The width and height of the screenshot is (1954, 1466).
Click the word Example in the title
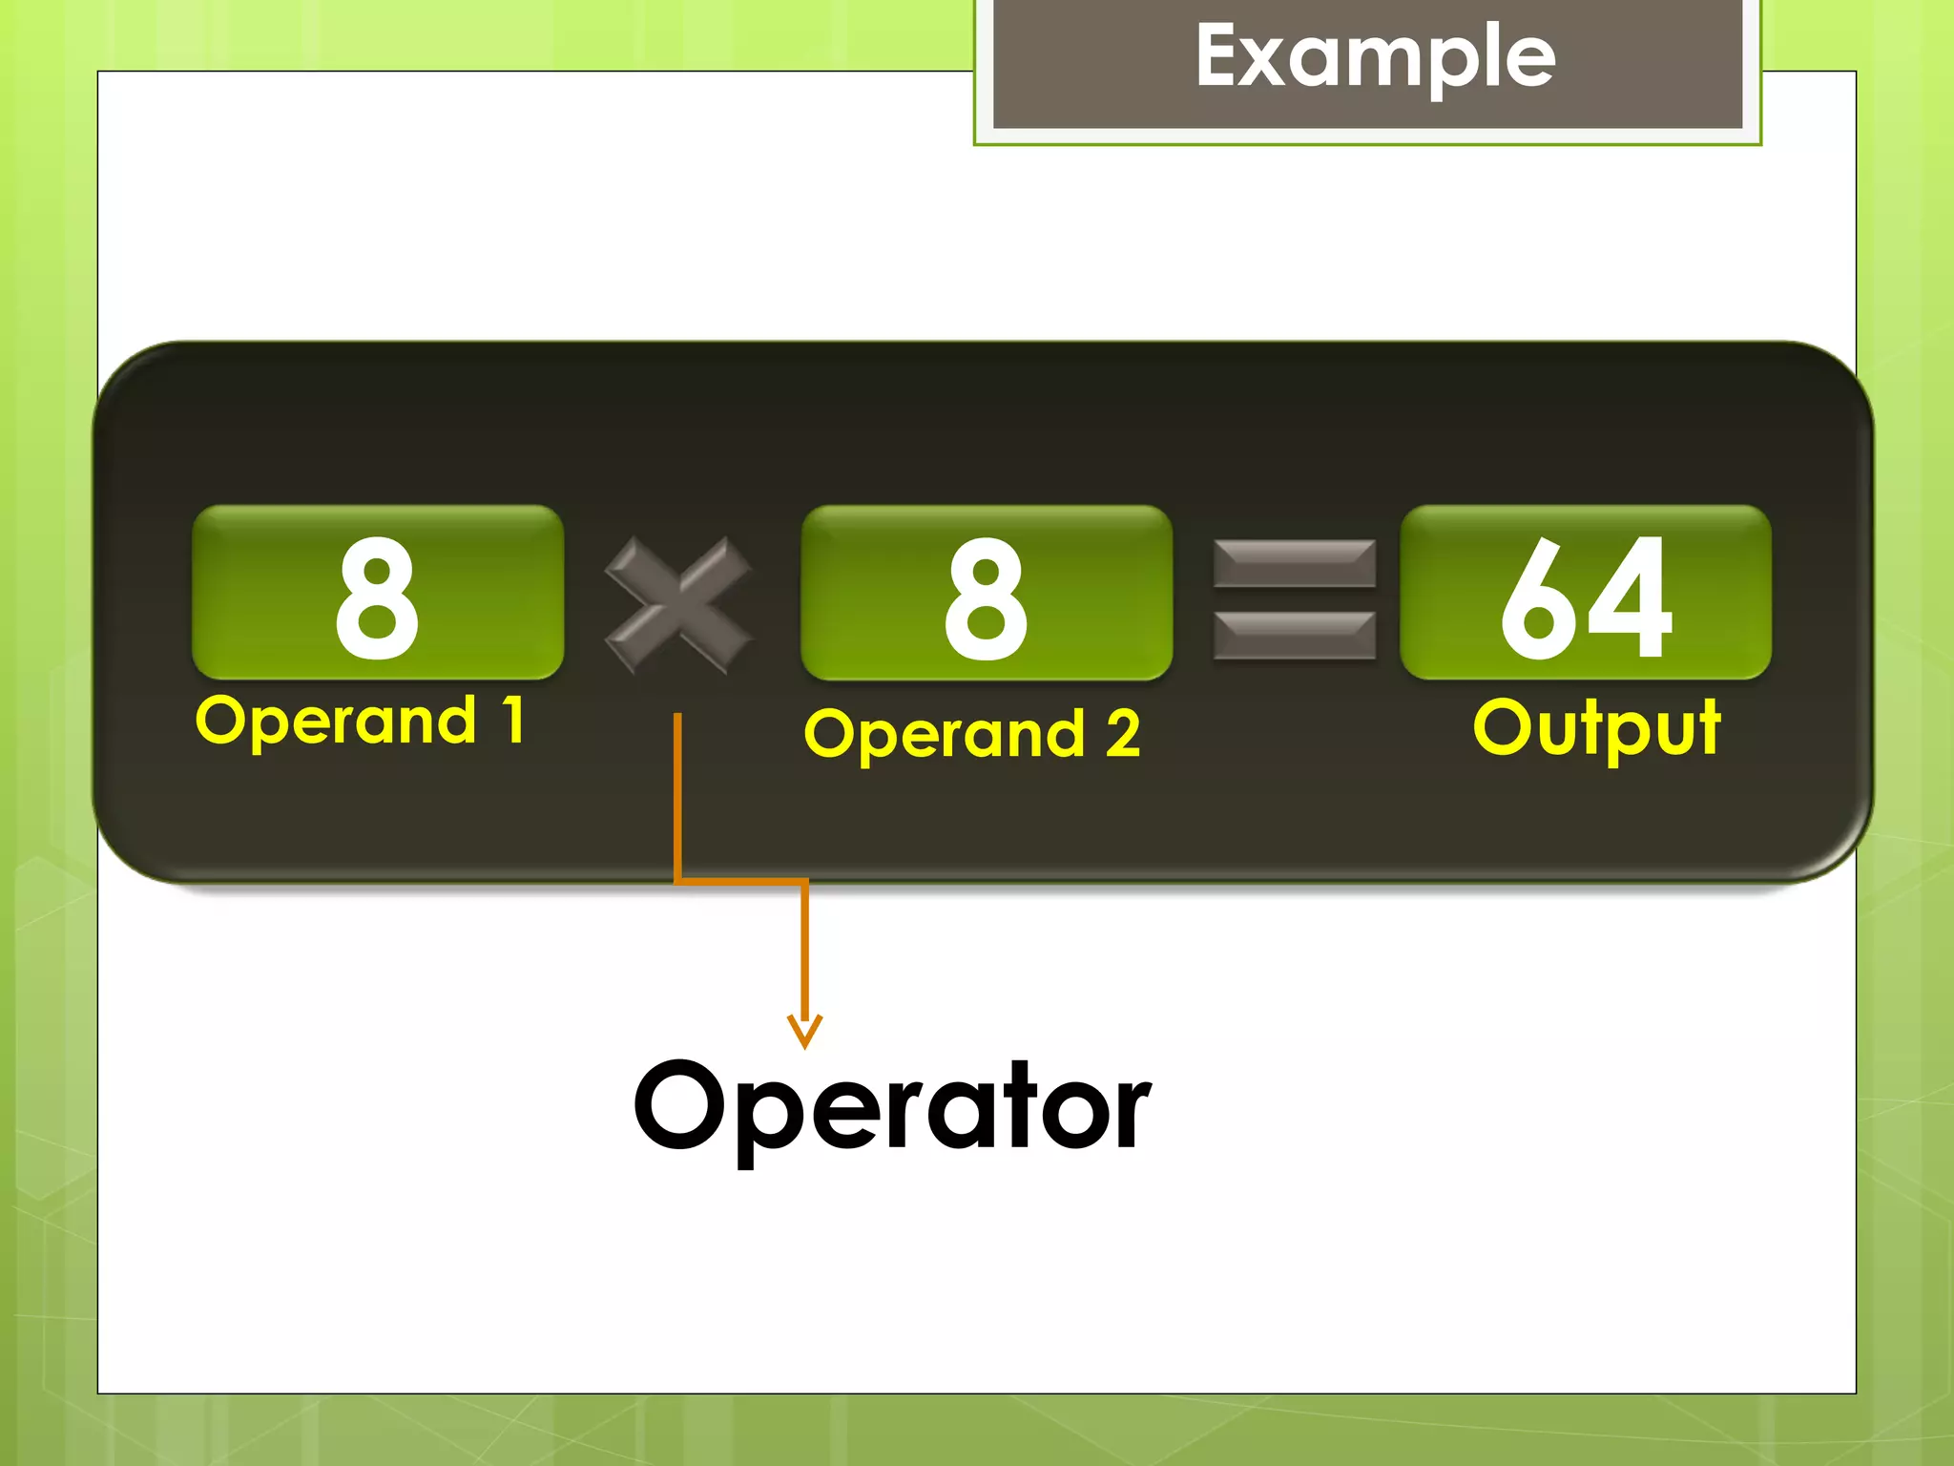1375,57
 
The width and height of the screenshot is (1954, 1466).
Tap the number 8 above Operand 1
377,597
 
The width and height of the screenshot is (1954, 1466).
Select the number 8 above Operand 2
986,597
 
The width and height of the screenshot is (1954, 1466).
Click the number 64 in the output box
1586,597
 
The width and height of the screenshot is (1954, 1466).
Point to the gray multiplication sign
678,604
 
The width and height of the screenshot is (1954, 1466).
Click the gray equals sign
1295,599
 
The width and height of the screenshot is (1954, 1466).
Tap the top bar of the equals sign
1295,563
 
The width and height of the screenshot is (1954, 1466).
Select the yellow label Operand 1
360,721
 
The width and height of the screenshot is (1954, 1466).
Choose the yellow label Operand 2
971,734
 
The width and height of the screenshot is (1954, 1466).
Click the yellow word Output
1596,728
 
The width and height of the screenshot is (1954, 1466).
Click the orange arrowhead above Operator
804,1031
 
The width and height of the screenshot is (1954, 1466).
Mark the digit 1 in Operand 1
514,720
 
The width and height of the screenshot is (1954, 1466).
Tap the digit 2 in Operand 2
1123,733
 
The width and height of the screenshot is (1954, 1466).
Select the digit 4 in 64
1632,597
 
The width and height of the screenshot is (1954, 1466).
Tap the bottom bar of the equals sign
1295,636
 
